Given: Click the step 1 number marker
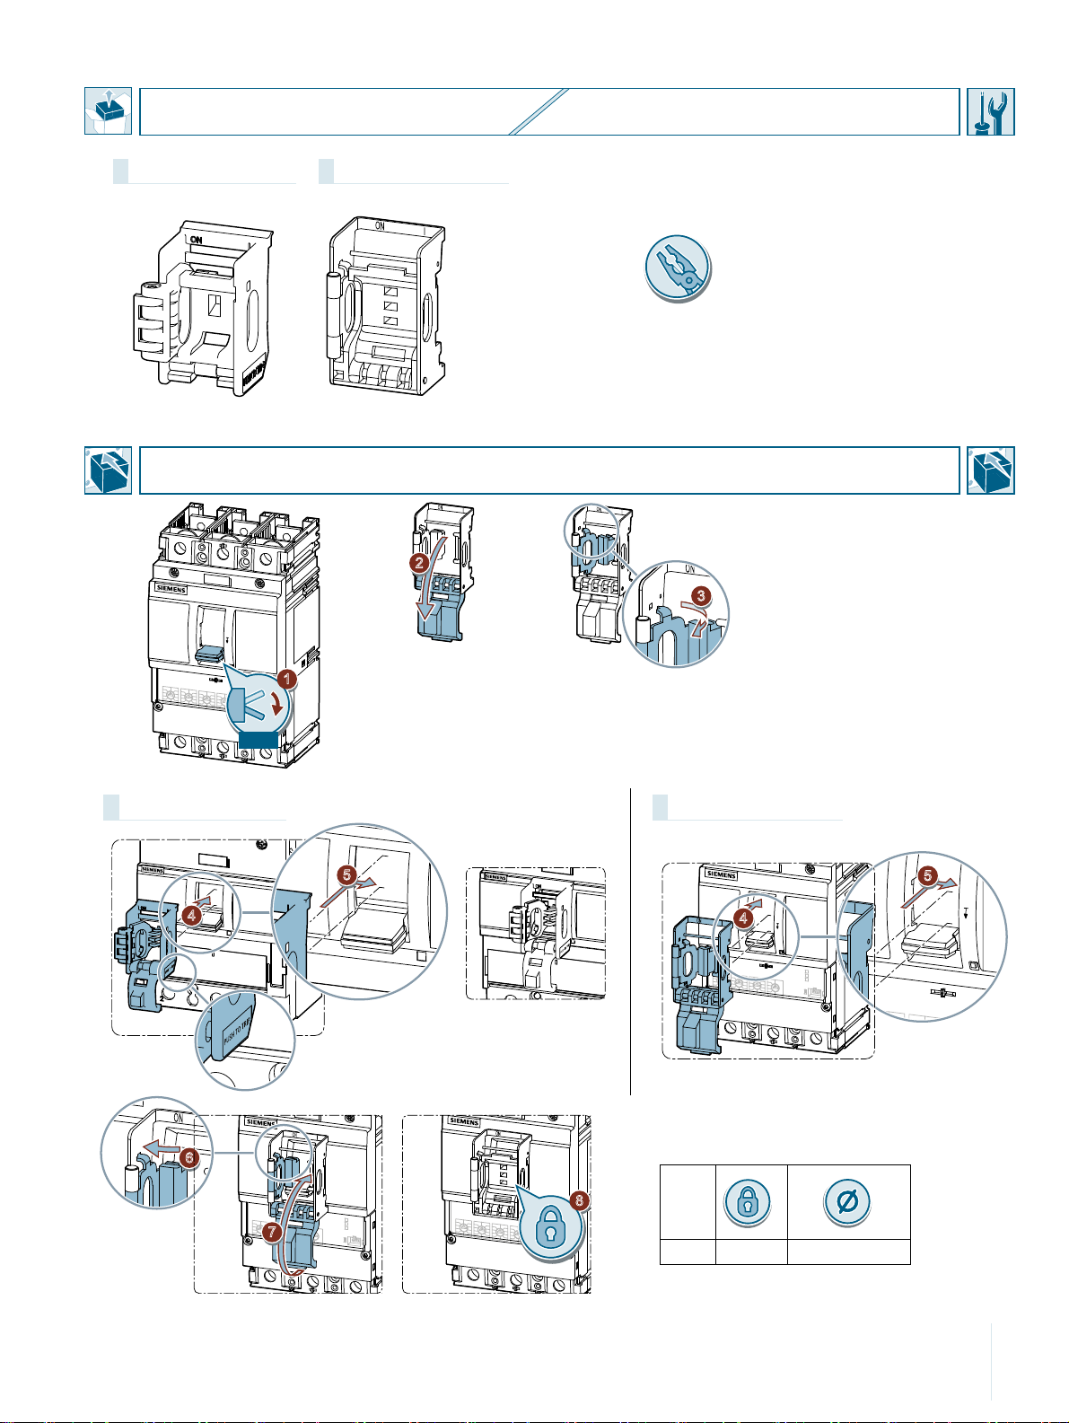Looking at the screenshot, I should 285,681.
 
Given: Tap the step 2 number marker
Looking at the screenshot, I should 418,564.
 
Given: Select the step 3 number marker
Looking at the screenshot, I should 703,594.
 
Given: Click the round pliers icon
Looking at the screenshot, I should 678,268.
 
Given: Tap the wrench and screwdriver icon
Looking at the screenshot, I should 991,111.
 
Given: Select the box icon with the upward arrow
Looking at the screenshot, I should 108,111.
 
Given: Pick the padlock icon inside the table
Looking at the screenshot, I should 746,1201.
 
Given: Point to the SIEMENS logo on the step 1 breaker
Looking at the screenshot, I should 172,589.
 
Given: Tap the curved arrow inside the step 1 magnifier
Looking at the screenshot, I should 280,702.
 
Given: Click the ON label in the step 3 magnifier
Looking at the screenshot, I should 690,569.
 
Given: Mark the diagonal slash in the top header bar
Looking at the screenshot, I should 539,111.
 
